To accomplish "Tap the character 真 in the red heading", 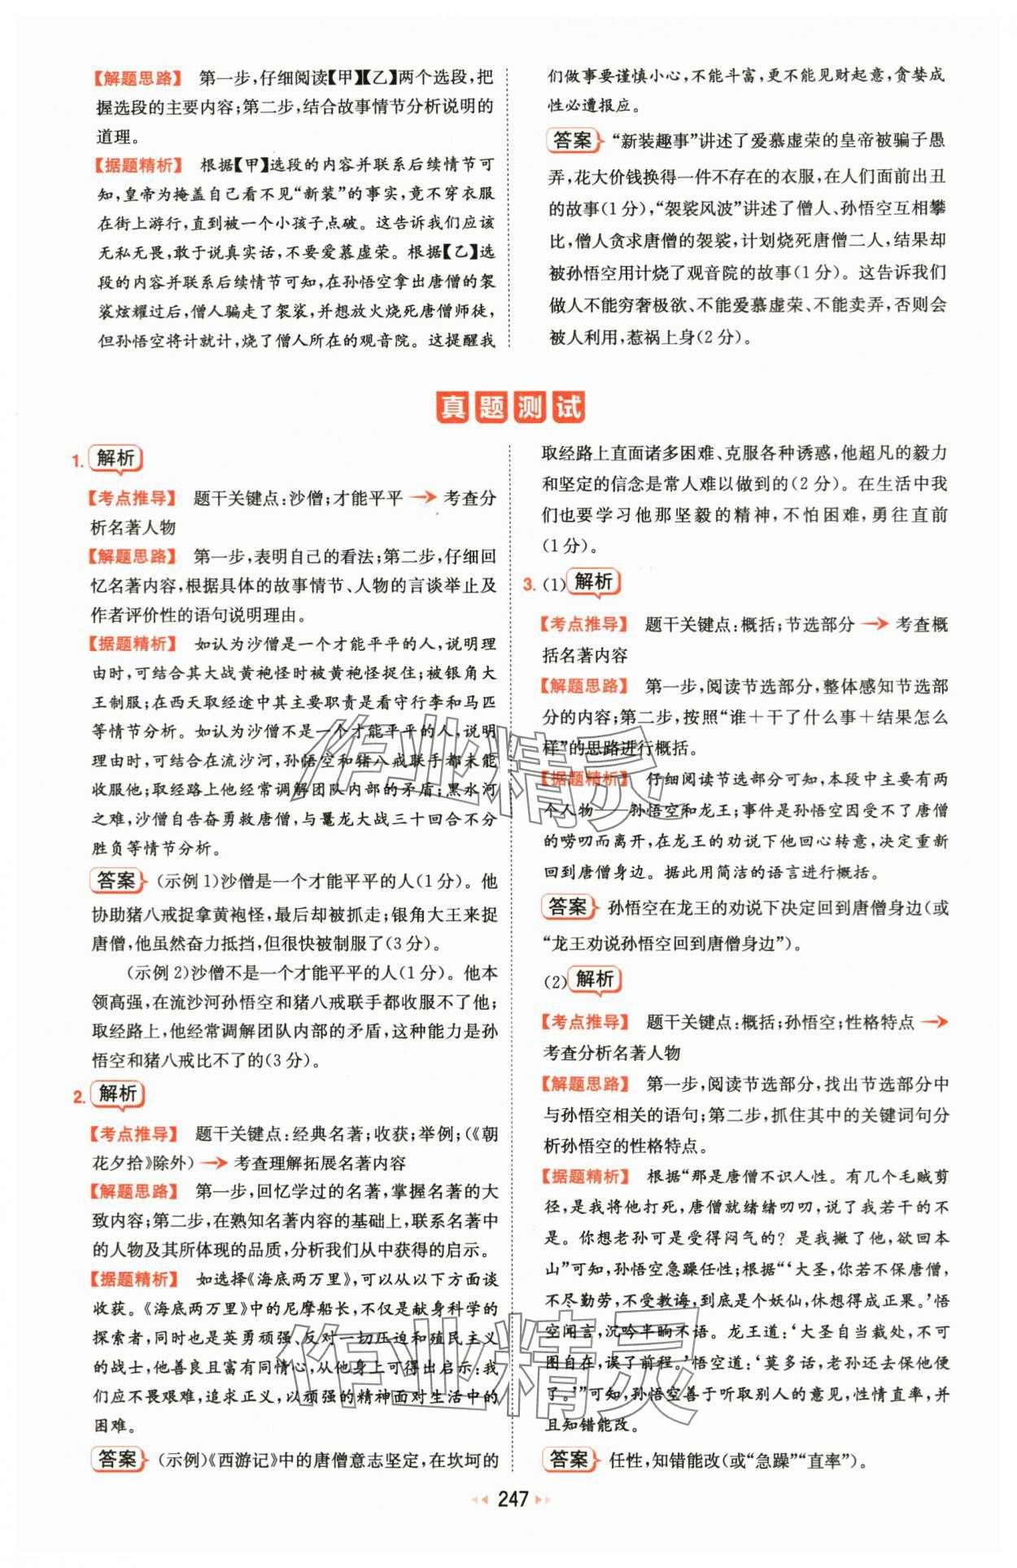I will point(452,407).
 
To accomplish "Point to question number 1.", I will point(77,461).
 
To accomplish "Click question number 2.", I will point(78,1098).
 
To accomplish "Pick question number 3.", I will point(529,584).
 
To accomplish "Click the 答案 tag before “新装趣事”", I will point(572,141).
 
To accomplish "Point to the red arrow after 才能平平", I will point(422,498).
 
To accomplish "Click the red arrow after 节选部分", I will point(875,624).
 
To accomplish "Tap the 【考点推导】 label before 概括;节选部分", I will point(585,624).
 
